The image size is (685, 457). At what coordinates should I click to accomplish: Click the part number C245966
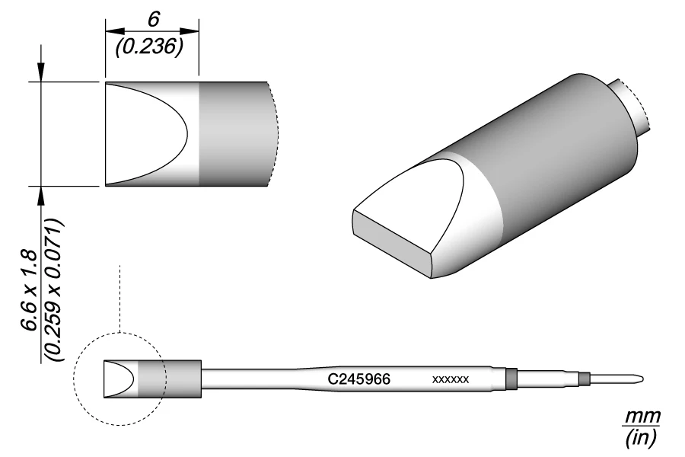click(x=358, y=378)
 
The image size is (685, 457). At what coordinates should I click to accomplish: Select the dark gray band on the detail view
click(x=232, y=133)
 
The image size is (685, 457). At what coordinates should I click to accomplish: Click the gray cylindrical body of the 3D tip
click(x=548, y=152)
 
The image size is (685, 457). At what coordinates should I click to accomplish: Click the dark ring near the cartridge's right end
click(x=511, y=378)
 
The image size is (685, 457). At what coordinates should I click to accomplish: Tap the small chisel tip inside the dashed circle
click(x=119, y=378)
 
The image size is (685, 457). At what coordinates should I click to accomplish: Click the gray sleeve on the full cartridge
click(x=181, y=378)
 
